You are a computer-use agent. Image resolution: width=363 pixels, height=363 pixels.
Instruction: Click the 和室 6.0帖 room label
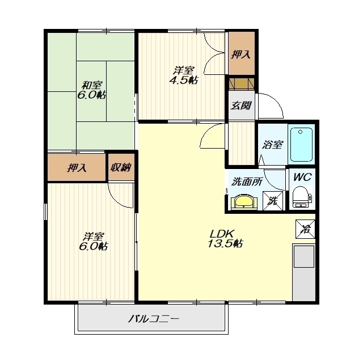pos(91,90)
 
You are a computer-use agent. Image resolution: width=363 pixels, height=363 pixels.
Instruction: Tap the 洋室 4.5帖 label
pos(183,75)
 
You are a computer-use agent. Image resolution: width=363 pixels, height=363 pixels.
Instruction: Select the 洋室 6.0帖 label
pos(93,242)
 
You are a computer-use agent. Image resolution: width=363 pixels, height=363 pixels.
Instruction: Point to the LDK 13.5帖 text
pos(225,239)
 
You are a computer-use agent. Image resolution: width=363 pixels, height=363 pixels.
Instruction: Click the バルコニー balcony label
pos(154,319)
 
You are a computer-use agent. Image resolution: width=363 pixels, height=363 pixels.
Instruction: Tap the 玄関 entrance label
pos(240,106)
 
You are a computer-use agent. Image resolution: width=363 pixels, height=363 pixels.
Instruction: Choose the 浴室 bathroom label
pos(272,145)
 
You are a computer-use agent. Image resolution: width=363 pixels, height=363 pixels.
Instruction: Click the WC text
pos(302,177)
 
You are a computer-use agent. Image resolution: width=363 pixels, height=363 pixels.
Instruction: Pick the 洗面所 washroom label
pos(247,181)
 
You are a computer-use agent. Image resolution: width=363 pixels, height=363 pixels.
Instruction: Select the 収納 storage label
pos(121,167)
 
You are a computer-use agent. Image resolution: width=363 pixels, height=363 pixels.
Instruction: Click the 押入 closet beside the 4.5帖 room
pos(241,54)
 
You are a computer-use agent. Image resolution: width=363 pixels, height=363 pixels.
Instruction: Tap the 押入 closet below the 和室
pos(77,168)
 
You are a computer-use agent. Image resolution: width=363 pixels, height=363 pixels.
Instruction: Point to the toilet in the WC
pos(301,197)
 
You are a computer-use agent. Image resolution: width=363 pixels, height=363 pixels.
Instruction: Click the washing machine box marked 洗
pos(273,201)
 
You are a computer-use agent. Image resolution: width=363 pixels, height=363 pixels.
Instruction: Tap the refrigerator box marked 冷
pos(305,229)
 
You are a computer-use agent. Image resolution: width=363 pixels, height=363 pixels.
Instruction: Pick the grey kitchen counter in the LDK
pos(304,272)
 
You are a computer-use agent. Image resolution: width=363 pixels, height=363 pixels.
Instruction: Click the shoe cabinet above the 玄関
pos(242,83)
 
